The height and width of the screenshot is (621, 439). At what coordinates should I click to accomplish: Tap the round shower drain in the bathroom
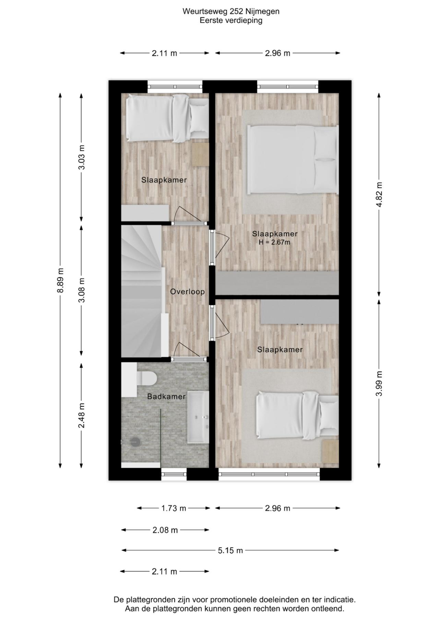click(135, 442)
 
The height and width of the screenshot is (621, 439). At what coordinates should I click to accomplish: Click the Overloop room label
click(188, 292)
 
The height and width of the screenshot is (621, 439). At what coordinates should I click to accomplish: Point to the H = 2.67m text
click(274, 243)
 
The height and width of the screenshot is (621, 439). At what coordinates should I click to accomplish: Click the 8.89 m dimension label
click(60, 280)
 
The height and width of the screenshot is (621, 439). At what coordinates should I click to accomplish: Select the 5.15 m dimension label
click(230, 550)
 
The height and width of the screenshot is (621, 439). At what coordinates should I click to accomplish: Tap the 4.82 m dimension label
click(379, 195)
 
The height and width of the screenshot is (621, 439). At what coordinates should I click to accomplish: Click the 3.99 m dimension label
click(379, 383)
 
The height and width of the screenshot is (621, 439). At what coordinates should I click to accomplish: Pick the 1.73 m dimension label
click(174, 508)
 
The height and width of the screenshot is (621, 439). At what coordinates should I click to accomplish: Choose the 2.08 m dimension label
click(165, 530)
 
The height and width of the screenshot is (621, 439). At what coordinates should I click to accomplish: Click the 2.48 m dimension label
click(81, 415)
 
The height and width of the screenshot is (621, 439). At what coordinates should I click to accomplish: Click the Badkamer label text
click(166, 397)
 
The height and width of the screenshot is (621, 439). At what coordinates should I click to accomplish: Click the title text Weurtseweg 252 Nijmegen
click(231, 11)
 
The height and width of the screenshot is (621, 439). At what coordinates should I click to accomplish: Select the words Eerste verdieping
click(231, 20)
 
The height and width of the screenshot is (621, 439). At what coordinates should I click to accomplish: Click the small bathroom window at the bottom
click(174, 474)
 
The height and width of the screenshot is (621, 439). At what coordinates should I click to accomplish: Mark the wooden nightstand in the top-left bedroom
click(200, 155)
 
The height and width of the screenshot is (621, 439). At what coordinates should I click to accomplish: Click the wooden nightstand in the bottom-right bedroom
click(330, 451)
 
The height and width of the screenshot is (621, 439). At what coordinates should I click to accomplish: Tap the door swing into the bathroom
click(185, 350)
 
